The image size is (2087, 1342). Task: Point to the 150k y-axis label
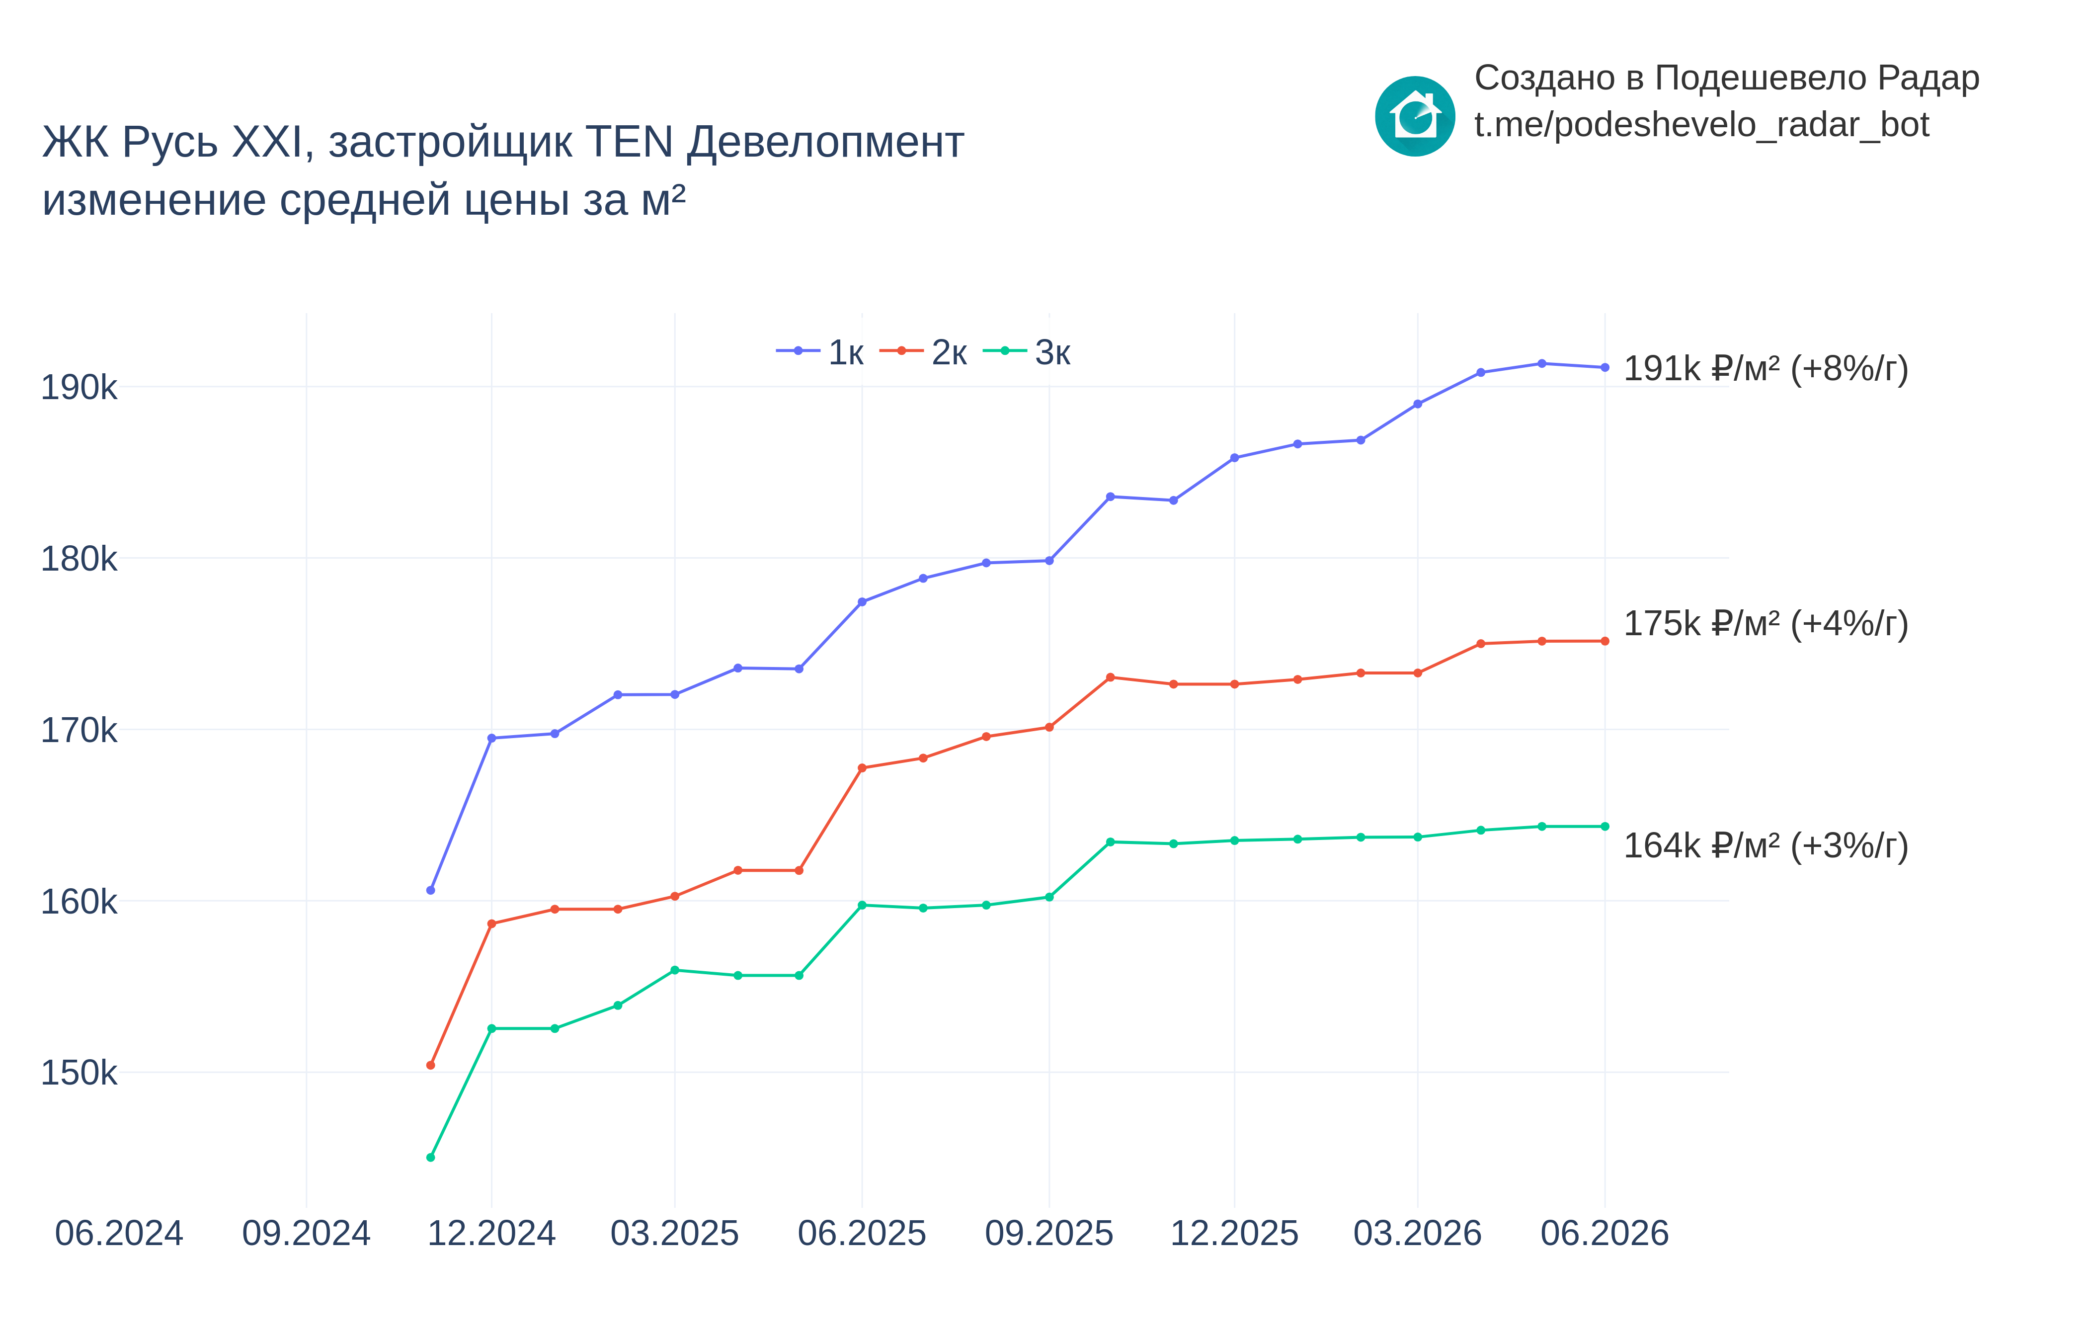click(x=79, y=1073)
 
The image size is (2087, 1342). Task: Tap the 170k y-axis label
click(x=79, y=730)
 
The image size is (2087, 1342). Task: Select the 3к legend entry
click(x=1027, y=352)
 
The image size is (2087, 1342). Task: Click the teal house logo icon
click(x=1415, y=116)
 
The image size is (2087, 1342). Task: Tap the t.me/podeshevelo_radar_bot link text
click(x=1701, y=125)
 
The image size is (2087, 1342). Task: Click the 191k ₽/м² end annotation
click(x=1766, y=369)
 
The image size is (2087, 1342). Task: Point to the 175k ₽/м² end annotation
click(x=1766, y=624)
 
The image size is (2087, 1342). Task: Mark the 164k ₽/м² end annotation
click(x=1766, y=845)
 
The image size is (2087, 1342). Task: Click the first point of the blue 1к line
click(x=430, y=890)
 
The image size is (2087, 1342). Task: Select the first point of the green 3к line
click(x=430, y=1157)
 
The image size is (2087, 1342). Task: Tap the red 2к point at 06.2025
click(x=862, y=768)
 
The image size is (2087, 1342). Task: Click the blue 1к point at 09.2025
click(x=1049, y=560)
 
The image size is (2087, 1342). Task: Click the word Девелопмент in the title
click(x=825, y=142)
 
